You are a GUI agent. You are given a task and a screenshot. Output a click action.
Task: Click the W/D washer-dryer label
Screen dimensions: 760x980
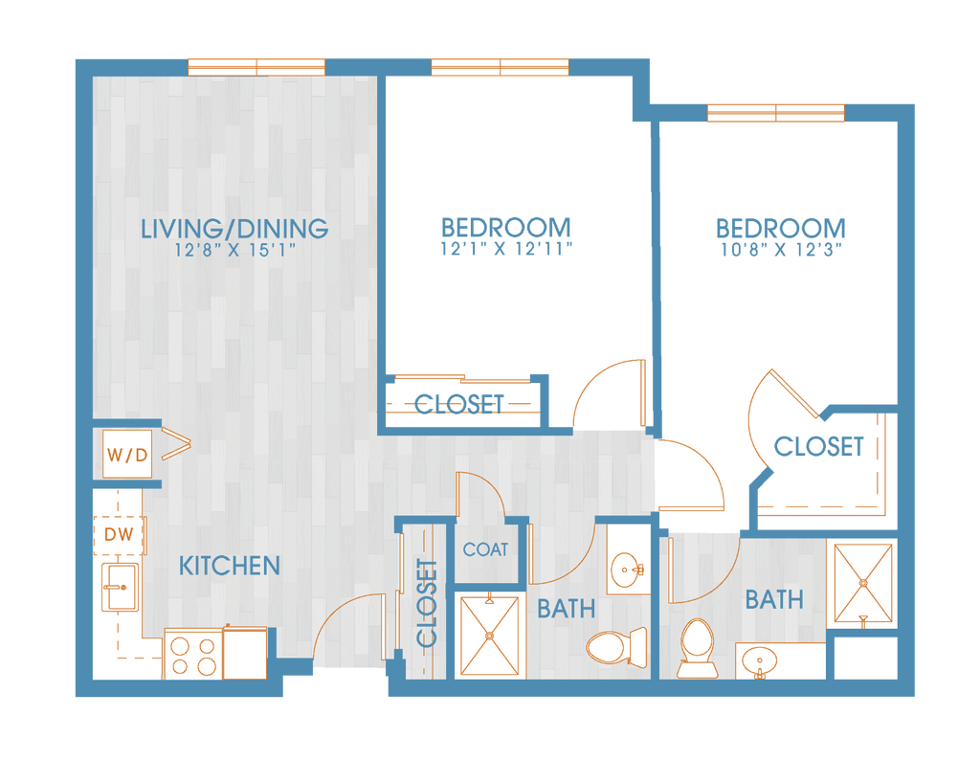127,455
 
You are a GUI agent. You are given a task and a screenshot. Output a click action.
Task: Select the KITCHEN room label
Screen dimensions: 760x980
230,566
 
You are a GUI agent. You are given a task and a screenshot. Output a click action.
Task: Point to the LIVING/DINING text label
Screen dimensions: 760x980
234,230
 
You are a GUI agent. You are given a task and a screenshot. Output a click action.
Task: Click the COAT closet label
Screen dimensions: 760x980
485,550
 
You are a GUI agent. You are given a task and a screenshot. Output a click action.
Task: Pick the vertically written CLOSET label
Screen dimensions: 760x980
428,603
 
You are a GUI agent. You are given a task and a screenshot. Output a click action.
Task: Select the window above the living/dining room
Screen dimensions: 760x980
256,66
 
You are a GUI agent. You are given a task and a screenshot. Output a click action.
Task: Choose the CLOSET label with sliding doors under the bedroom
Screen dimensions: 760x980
459,404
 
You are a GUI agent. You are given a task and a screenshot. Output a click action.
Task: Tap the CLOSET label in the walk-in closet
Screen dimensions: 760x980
818,446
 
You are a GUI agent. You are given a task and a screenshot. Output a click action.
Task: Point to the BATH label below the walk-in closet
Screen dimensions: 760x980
773,600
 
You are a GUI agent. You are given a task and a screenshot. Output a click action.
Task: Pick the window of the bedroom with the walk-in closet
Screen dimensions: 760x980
775,114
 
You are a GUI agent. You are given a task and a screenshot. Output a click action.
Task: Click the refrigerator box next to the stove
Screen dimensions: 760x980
245,654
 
